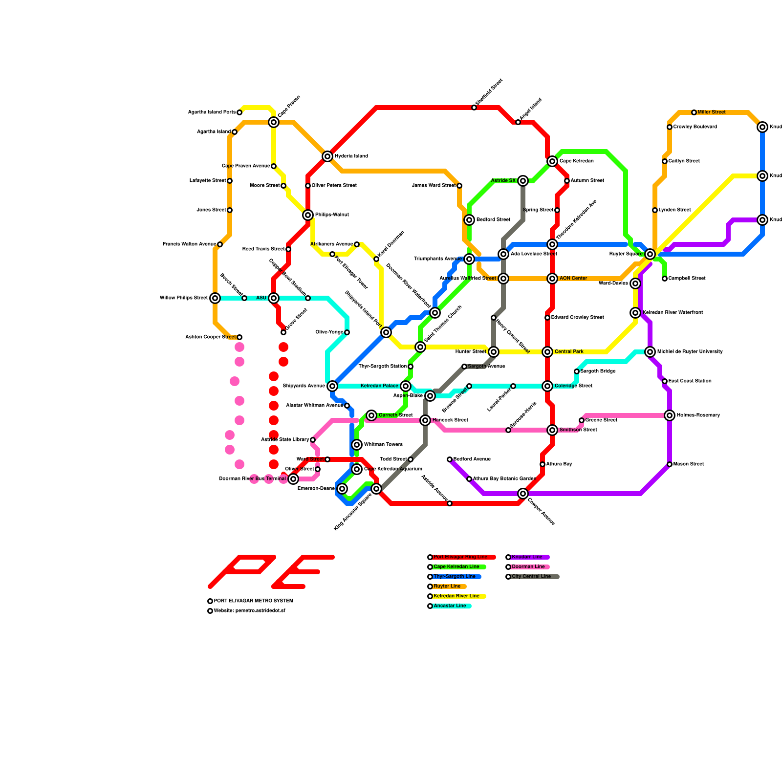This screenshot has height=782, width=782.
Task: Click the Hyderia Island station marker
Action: click(x=327, y=156)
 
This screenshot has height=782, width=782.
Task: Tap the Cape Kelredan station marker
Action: click(x=552, y=161)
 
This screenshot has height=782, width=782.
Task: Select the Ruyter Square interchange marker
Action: click(x=650, y=254)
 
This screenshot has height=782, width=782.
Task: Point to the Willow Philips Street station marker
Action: click(x=215, y=298)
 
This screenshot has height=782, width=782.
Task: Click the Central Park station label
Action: click(x=569, y=352)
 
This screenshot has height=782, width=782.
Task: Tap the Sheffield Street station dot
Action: click(x=474, y=108)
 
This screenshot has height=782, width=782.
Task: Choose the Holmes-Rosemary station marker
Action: click(x=670, y=415)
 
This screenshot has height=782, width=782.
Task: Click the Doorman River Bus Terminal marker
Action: click(x=293, y=479)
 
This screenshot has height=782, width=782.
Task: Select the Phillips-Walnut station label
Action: click(x=332, y=215)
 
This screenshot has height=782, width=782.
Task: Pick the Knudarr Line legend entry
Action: click(x=527, y=557)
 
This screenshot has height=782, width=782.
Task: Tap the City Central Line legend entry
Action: click(x=531, y=577)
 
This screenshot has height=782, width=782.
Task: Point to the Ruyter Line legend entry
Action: click(x=447, y=586)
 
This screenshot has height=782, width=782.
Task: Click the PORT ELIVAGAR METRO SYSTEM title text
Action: click(x=253, y=601)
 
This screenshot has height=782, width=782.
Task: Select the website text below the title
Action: click(x=249, y=611)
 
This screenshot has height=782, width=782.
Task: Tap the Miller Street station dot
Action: click(x=694, y=112)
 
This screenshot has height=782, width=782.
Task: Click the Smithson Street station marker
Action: click(x=552, y=430)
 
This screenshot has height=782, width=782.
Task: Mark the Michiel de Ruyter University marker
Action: click(x=650, y=352)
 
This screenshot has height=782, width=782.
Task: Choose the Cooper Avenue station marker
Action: click(x=523, y=494)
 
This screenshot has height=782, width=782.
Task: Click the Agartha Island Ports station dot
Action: click(x=239, y=112)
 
